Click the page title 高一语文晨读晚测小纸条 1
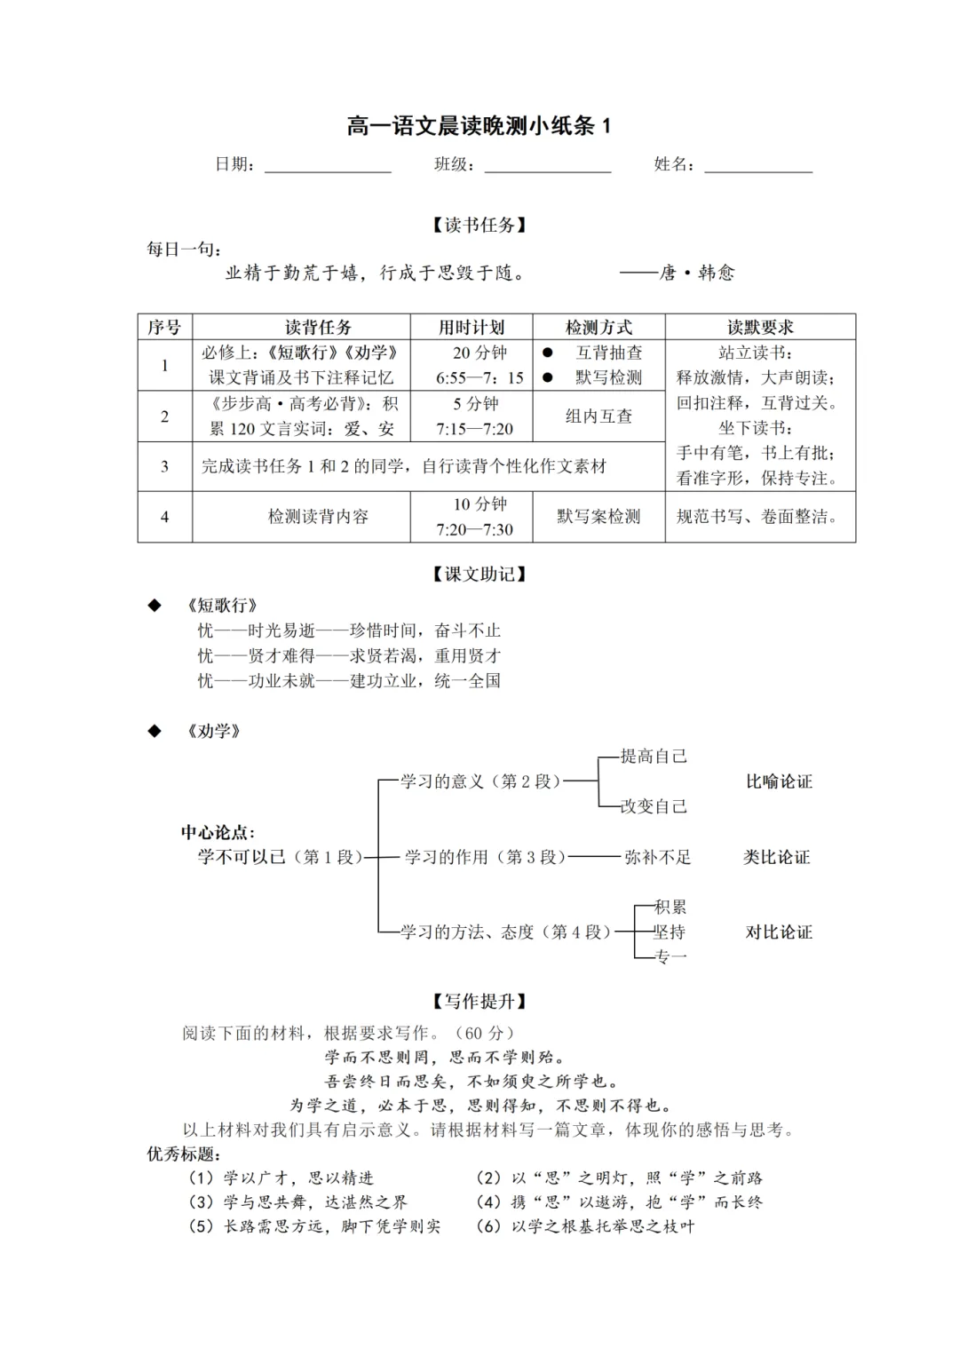479,126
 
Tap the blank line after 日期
328,166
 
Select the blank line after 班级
547,166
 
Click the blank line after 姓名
758,166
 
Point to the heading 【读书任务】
479,225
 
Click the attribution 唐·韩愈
696,273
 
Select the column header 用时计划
471,327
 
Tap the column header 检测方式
598,327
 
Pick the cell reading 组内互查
598,416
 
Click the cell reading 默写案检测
598,516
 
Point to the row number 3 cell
164,466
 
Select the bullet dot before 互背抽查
547,353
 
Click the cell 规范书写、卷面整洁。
759,516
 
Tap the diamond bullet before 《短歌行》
155,606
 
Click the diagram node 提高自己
654,757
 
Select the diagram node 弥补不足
657,857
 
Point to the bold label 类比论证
777,857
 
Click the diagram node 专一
670,956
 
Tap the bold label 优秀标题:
183,1154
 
